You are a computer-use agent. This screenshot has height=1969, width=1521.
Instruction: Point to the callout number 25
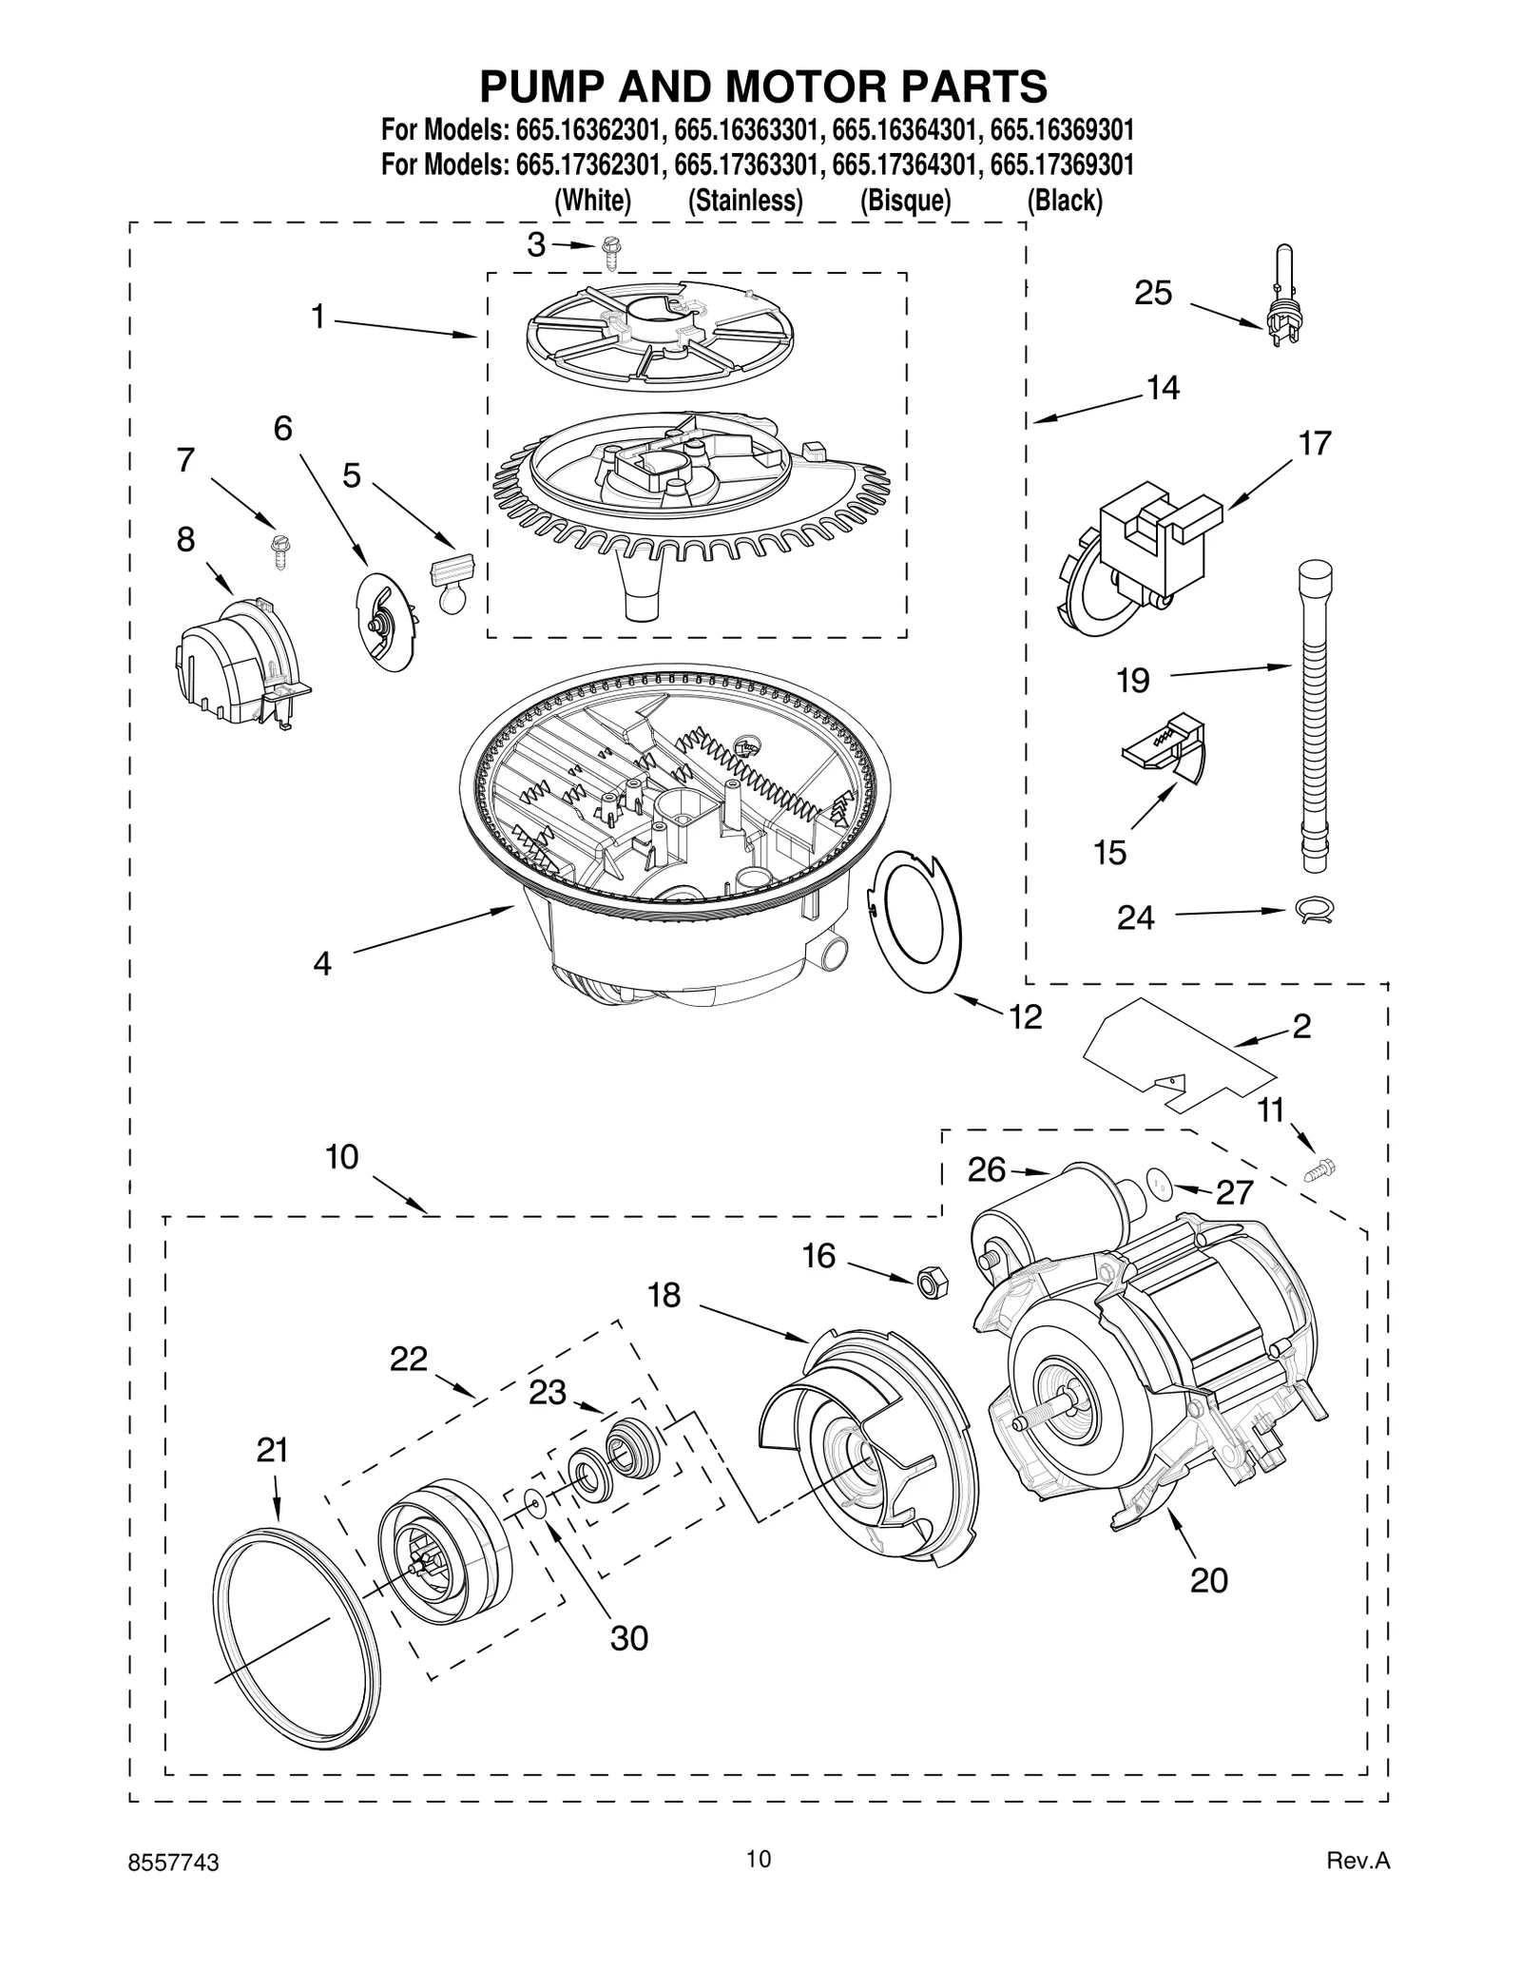(1152, 293)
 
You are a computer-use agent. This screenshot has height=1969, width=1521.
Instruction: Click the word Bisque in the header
(905, 201)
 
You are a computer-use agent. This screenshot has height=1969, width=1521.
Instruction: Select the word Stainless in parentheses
(745, 201)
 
